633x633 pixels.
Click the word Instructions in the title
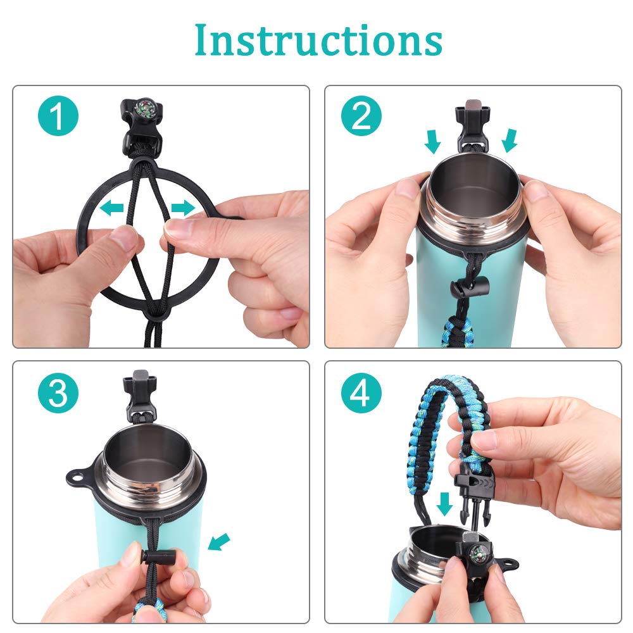[318, 41]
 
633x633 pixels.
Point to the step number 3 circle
[58, 393]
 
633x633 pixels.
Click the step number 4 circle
[361, 393]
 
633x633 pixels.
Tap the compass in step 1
[146, 108]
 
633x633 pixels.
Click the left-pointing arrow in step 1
[111, 208]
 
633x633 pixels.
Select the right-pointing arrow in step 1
[184, 208]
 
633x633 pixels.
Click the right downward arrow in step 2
[510, 141]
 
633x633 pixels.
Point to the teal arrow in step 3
[218, 542]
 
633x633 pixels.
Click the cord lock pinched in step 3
[160, 557]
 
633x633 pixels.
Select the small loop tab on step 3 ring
[77, 477]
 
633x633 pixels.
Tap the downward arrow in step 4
[444, 504]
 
